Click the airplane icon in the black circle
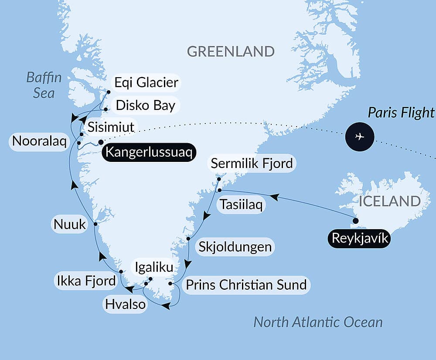pyautogui.click(x=360, y=137)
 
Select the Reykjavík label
pyautogui.click(x=360, y=238)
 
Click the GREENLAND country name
pyautogui.click(x=231, y=51)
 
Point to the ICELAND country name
pyautogui.click(x=389, y=201)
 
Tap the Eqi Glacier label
pyautogui.click(x=146, y=82)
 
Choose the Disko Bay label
pyautogui.click(x=146, y=105)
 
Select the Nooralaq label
pyautogui.click(x=39, y=141)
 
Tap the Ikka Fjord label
pyautogui.click(x=86, y=281)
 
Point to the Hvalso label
pyautogui.click(x=125, y=304)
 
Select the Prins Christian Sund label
pyautogui.click(x=246, y=285)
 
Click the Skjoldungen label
pyautogui.click(x=235, y=247)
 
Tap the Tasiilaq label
pyautogui.click(x=241, y=205)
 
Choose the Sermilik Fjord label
pyautogui.click(x=252, y=164)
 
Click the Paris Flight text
pyautogui.click(x=401, y=113)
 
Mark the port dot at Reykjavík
pyautogui.click(x=355, y=221)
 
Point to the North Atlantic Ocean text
pyautogui.click(x=318, y=322)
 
